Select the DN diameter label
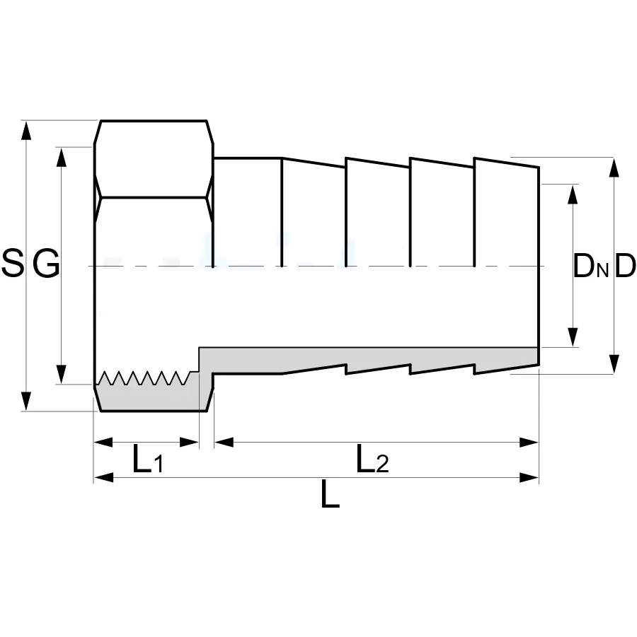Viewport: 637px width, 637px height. (x=590, y=266)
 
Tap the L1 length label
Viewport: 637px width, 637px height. (x=148, y=460)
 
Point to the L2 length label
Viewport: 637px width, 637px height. (x=372, y=460)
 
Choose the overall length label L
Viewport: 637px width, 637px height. (x=330, y=494)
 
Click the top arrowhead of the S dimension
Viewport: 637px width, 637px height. (x=26, y=130)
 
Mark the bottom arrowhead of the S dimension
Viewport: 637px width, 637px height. (x=26, y=402)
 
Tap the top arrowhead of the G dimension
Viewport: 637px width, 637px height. (x=61, y=157)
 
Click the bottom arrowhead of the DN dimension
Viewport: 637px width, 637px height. (x=573, y=337)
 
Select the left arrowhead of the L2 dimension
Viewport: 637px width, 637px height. (x=224, y=442)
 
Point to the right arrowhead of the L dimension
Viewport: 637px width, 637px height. (x=529, y=477)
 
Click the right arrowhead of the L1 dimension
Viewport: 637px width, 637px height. (x=189, y=442)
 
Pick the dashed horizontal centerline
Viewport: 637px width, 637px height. (x=317, y=266)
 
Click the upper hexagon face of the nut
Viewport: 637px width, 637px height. (x=154, y=159)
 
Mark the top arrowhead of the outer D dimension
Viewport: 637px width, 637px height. (x=614, y=168)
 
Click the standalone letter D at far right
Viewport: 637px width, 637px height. (x=625, y=266)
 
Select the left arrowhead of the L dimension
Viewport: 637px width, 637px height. (x=104, y=477)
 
